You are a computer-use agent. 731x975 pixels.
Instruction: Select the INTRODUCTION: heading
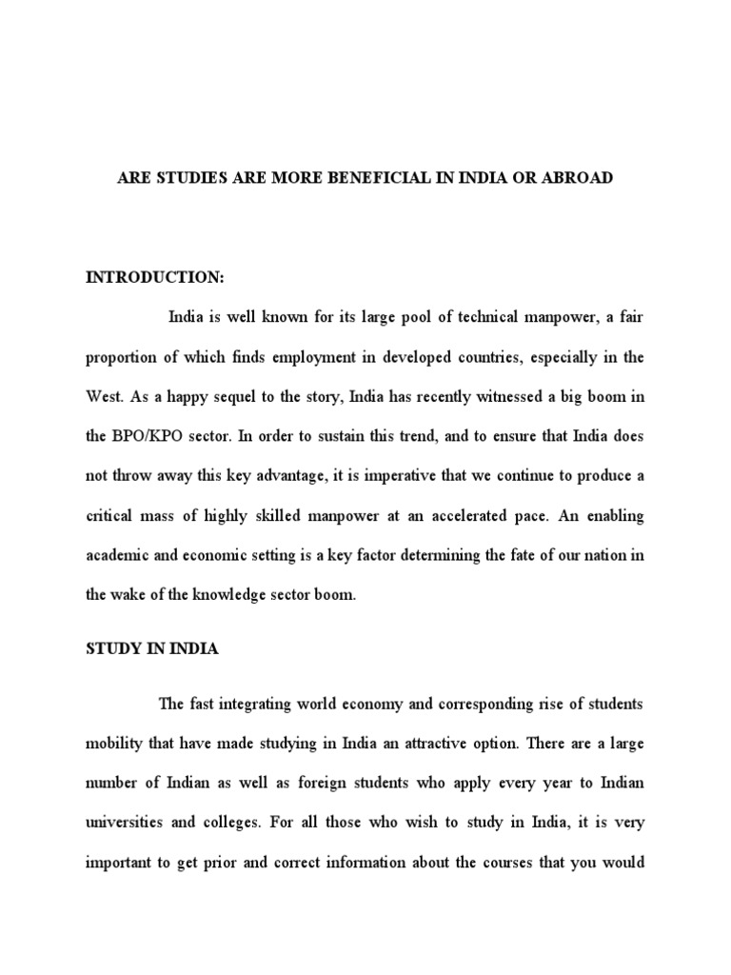pos(155,277)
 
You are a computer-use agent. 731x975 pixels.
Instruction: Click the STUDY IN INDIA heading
pos(152,648)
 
